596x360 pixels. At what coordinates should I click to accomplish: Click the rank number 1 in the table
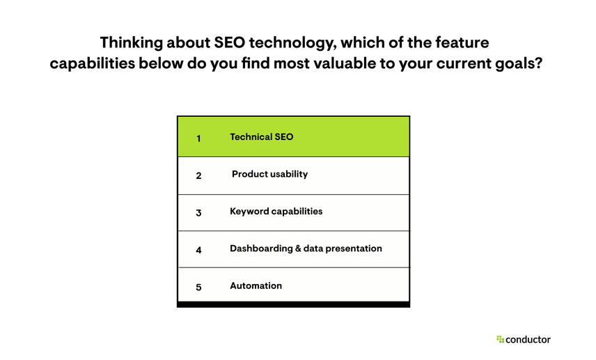tap(198, 138)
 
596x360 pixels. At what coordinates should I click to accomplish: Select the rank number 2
tap(198, 175)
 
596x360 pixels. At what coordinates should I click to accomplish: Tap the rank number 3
tap(198, 212)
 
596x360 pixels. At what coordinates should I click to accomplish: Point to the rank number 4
tap(198, 249)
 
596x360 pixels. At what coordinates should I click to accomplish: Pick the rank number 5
tap(198, 286)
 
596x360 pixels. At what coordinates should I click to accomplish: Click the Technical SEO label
tap(261, 136)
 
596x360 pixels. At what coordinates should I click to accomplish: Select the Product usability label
tap(269, 174)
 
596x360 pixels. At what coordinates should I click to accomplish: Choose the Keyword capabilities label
tap(276, 211)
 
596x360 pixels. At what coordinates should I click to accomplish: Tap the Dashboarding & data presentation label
tap(306, 248)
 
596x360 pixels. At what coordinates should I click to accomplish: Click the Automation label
tap(256, 285)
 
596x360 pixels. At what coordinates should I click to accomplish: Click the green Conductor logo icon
tap(500, 339)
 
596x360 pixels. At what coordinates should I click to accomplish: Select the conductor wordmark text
tap(528, 339)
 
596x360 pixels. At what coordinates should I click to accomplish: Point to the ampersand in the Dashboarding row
tap(297, 248)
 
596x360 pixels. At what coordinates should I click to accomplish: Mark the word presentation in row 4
tap(355, 249)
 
